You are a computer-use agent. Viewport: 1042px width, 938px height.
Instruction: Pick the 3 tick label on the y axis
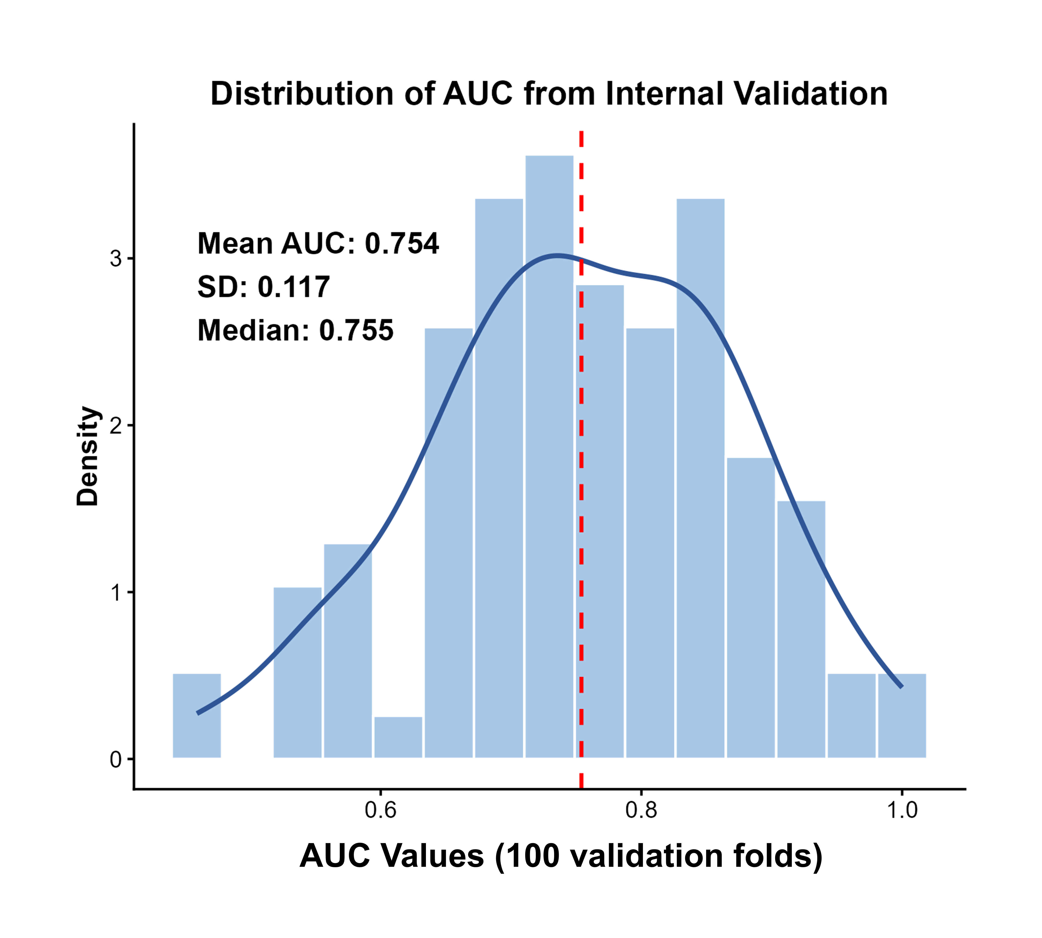coord(116,258)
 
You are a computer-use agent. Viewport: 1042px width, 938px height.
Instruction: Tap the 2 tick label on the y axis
coord(116,425)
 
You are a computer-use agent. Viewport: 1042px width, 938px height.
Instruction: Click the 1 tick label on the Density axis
coord(116,592)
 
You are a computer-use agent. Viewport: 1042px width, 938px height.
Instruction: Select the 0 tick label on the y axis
coord(116,759)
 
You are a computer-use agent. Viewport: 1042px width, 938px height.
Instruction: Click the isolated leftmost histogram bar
coord(197,716)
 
